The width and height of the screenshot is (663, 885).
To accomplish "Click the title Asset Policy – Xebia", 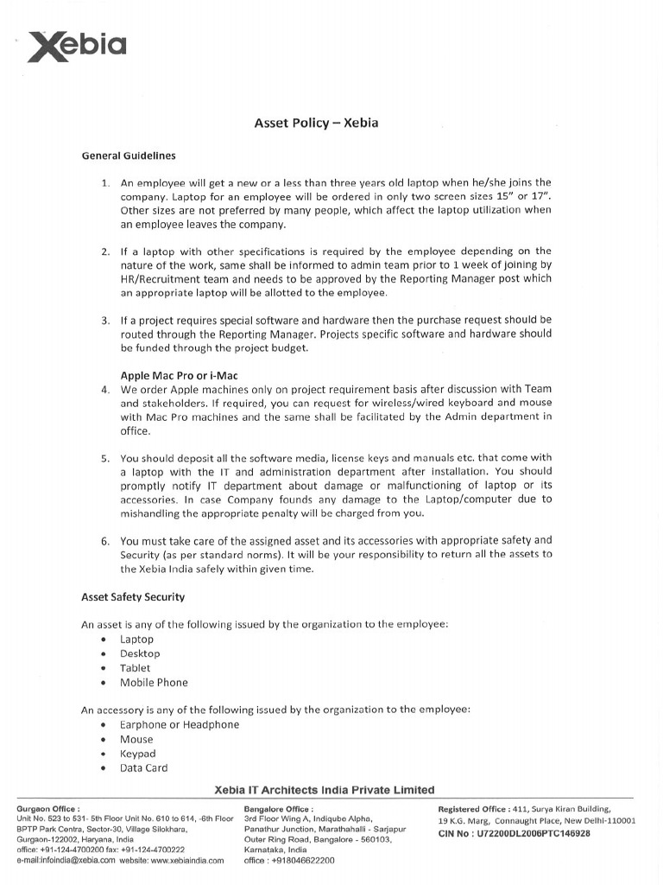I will point(316,123).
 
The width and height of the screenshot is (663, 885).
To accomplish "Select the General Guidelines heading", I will point(129,156).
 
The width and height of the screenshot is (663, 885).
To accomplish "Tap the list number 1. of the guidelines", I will point(106,183).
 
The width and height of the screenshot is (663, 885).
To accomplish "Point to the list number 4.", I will point(105,389).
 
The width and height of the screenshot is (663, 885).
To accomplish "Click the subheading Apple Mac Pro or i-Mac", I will point(179,375).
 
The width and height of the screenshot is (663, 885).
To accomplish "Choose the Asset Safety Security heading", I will point(133,597).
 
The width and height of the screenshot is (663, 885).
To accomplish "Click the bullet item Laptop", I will point(136,640).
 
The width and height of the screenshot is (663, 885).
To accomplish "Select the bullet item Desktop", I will point(140,653).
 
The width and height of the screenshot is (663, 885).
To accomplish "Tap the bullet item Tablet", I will point(135,668).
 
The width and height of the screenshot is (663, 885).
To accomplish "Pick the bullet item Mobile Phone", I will point(154,683).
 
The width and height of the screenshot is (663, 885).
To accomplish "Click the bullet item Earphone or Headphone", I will point(180,725).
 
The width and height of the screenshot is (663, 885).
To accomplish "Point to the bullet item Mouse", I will point(136,740).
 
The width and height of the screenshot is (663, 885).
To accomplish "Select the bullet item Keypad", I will point(138,754).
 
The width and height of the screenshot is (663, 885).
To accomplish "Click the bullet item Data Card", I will point(143,768).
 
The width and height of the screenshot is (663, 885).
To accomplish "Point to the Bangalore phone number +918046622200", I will point(303,861).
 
